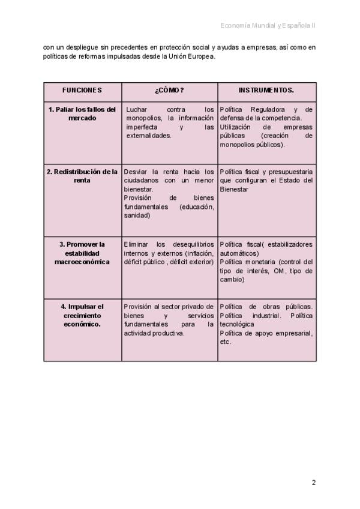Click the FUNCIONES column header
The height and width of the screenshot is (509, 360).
[82, 90]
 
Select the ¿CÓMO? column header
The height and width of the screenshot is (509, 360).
[169, 90]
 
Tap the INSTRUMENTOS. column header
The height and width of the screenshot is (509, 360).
[266, 90]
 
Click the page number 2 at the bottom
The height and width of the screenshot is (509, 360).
[313, 482]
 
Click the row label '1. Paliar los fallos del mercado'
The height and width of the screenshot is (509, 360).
[82, 113]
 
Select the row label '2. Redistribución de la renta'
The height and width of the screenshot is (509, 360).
[82, 176]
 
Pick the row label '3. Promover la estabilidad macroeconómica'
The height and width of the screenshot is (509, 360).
[82, 253]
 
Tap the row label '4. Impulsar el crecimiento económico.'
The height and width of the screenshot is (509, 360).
[82, 315]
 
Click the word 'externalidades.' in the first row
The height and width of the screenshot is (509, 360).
[149, 136]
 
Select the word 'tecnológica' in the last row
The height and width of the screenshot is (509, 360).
[237, 324]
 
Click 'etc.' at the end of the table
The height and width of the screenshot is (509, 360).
[226, 342]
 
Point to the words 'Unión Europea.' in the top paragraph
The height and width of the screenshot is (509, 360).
[191, 57]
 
